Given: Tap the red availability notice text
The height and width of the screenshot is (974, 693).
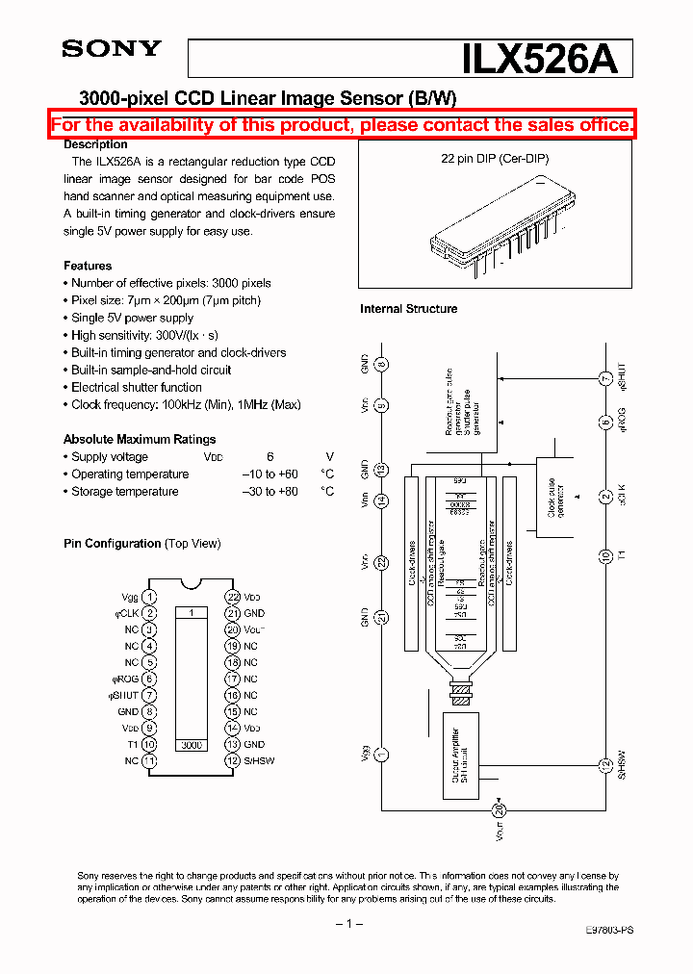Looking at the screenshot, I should tap(343, 125).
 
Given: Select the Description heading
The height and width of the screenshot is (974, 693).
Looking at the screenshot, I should tap(95, 144).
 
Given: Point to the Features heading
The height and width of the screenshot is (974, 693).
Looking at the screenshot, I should tap(88, 266).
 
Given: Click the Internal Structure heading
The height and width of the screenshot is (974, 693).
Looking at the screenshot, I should tap(408, 309).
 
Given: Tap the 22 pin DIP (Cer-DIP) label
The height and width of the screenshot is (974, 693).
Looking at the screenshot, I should tap(495, 159).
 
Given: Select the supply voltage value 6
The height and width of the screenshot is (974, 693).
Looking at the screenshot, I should tap(270, 457).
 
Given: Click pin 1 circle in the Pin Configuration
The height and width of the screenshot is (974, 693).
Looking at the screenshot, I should tap(149, 598).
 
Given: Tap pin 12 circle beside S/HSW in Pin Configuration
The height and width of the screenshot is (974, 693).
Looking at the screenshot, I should tap(232, 761).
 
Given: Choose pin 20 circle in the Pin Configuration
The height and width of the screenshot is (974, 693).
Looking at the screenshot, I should tap(232, 630).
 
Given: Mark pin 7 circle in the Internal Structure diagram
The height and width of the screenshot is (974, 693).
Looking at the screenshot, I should tap(604, 378).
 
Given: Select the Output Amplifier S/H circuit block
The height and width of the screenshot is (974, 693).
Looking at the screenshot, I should tap(459, 757).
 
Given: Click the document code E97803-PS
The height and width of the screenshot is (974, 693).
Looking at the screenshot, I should tap(609, 931).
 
